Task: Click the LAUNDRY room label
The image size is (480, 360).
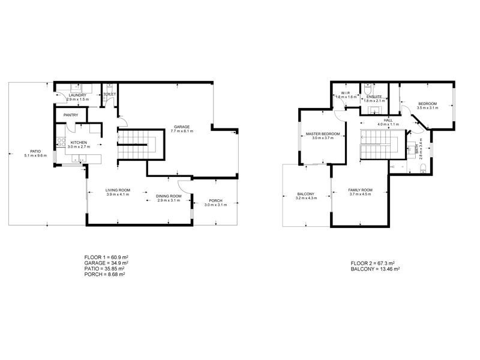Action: pyautogui.click(x=77, y=95)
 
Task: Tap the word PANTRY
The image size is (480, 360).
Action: pyautogui.click(x=71, y=115)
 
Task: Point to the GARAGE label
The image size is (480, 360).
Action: pyautogui.click(x=182, y=127)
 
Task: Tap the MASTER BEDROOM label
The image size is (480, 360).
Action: pyautogui.click(x=322, y=133)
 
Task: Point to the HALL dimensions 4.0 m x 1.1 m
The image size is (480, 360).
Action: pyautogui.click(x=388, y=124)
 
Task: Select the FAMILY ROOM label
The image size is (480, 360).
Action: pyautogui.click(x=360, y=190)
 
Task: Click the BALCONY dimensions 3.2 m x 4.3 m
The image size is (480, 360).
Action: pyautogui.click(x=307, y=198)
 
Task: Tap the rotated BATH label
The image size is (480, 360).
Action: pyautogui.click(x=418, y=148)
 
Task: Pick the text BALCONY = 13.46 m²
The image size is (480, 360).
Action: pyautogui.click(x=375, y=269)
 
